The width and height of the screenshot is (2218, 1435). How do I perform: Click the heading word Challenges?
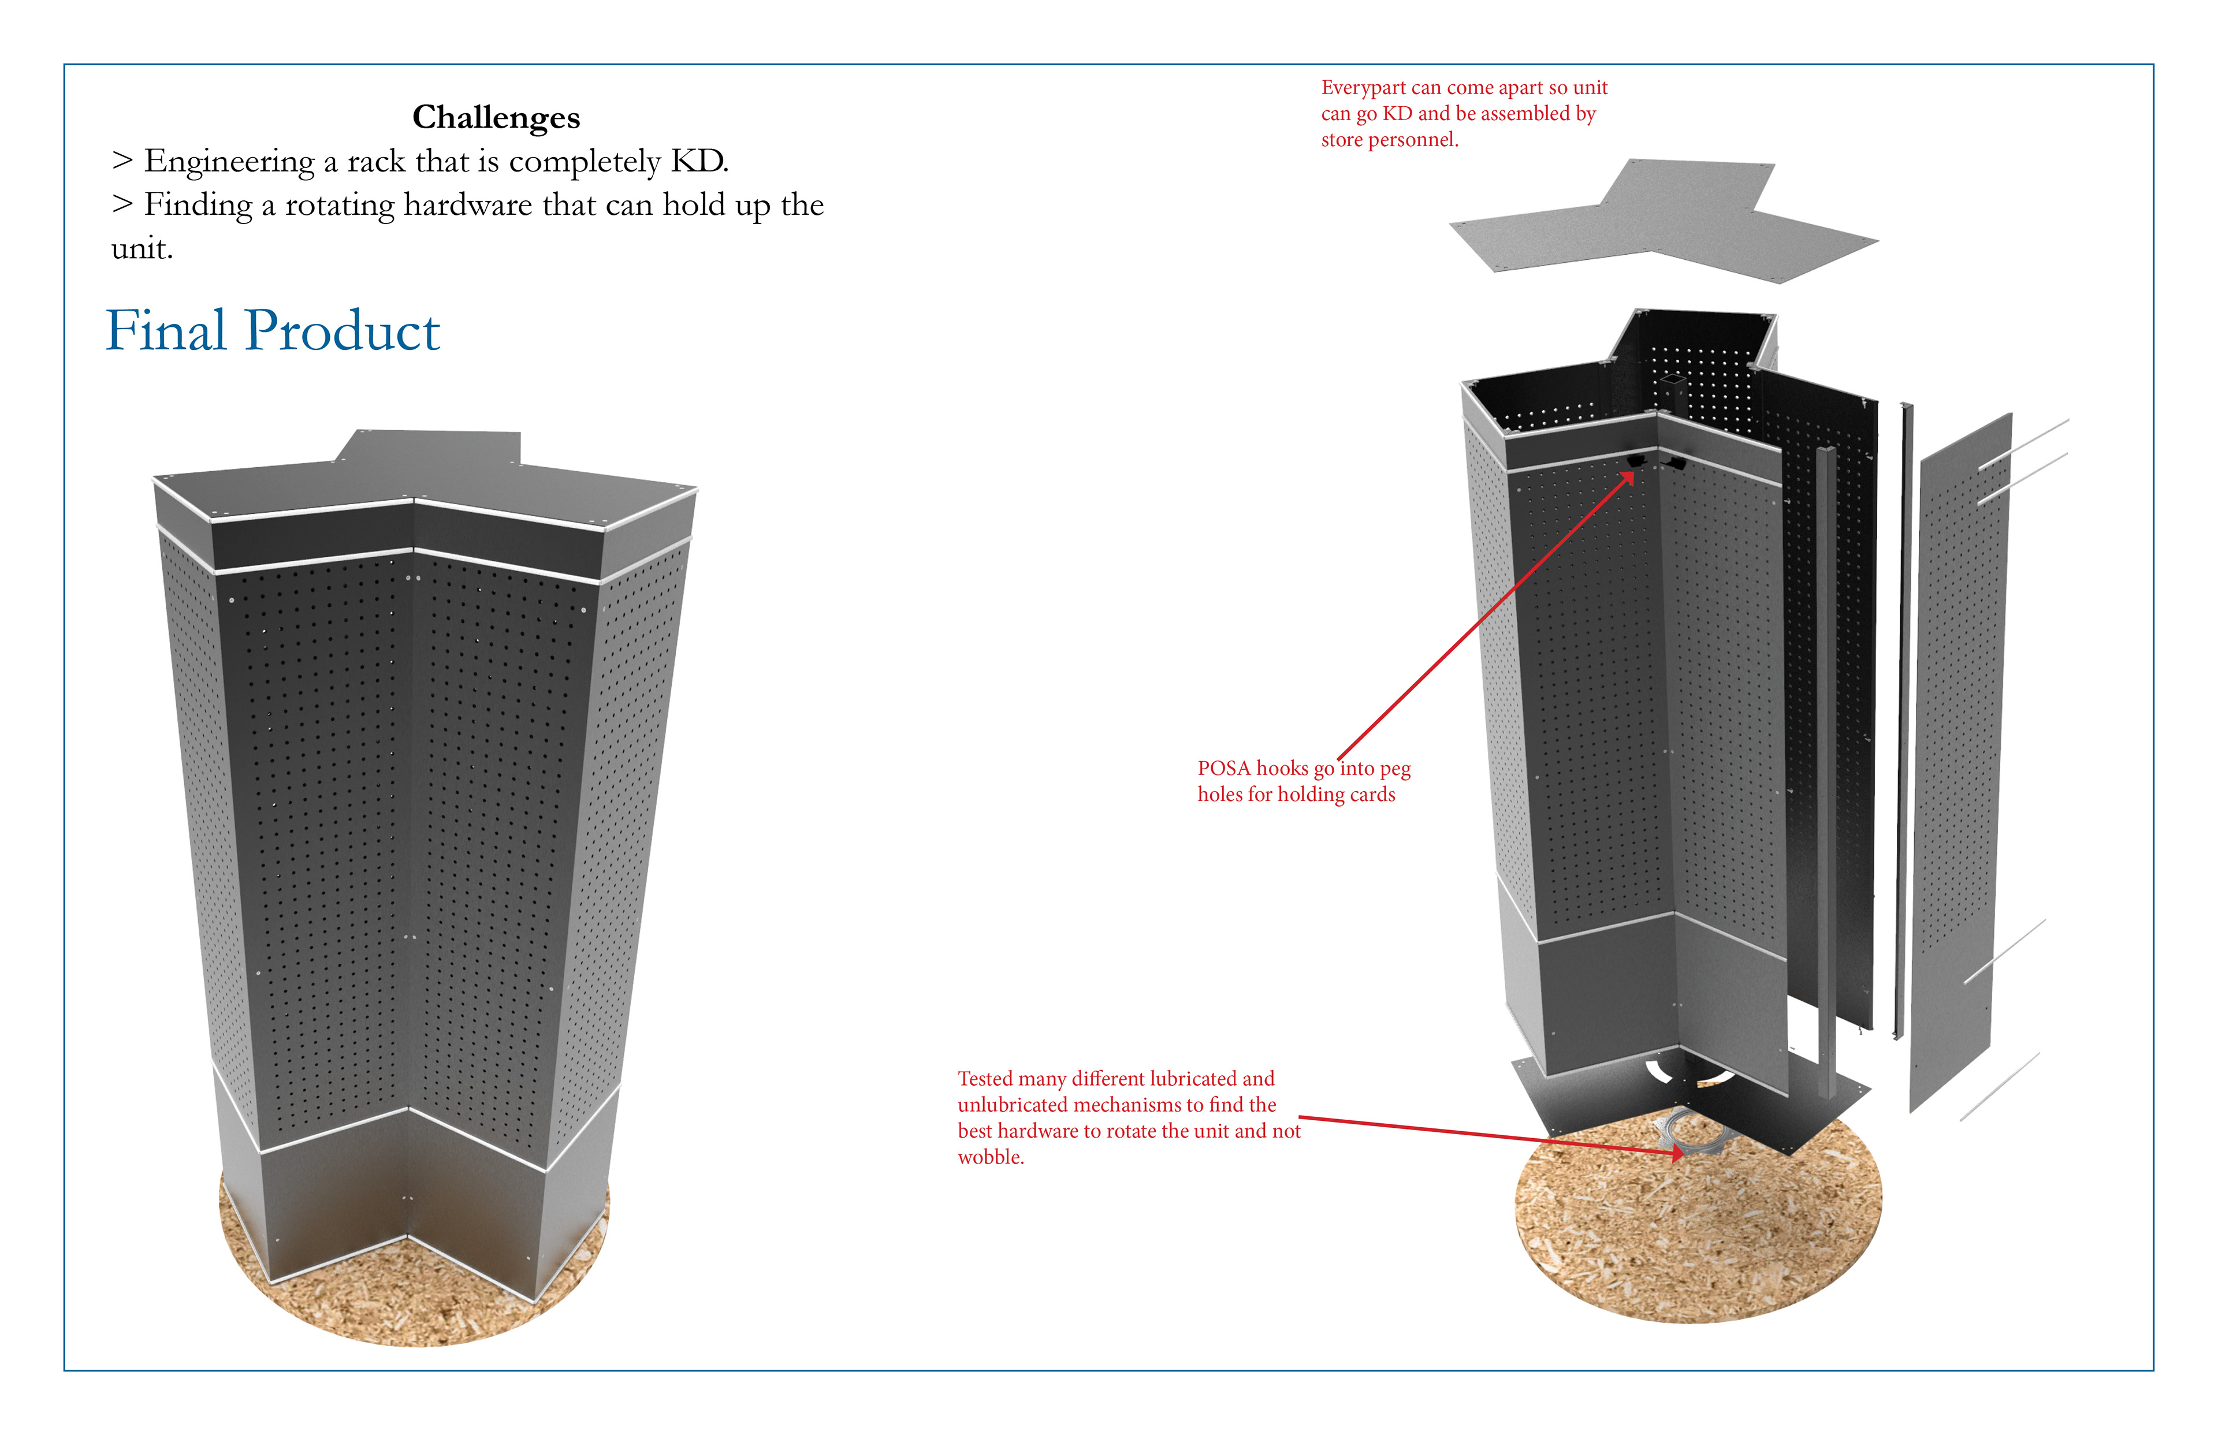(496, 117)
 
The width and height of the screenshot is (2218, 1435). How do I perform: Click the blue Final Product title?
(272, 331)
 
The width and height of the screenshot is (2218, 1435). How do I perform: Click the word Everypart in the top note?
(1363, 88)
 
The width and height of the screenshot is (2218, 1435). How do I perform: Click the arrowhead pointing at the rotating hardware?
(1677, 1154)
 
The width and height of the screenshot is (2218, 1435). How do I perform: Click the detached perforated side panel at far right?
(1957, 764)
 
